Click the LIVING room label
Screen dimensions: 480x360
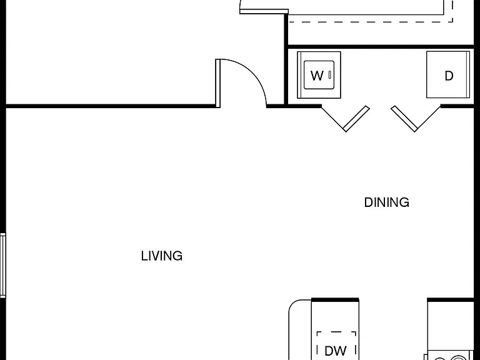click(x=162, y=256)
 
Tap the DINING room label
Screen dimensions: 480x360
click(x=387, y=202)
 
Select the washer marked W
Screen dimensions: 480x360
click(x=319, y=75)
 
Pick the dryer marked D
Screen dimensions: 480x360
click(x=448, y=75)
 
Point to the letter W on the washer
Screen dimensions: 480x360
click(x=317, y=75)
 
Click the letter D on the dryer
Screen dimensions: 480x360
click(x=449, y=76)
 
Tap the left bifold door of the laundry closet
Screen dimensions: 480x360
click(x=346, y=119)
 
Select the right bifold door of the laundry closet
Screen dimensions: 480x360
click(x=416, y=119)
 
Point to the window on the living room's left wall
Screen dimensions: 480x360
click(x=2, y=265)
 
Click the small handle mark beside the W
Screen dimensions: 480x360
click(x=330, y=75)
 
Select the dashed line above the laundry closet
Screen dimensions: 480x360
click(x=371, y=22)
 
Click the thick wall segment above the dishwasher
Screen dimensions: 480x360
click(x=335, y=300)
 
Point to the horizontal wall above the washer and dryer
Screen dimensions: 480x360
click(x=379, y=47)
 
